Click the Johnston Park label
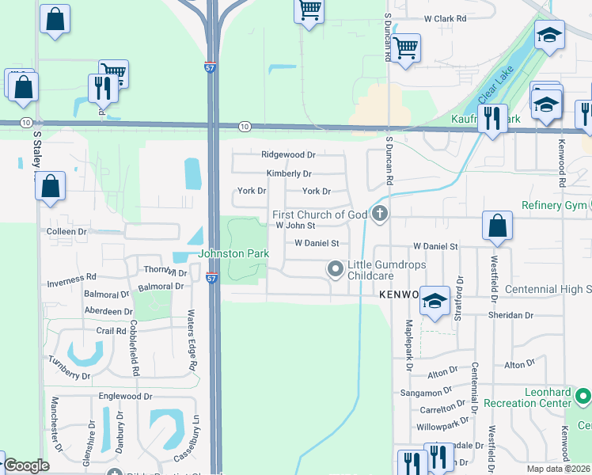pyautogui.click(x=233, y=254)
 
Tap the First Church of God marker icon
pyautogui.click(x=380, y=214)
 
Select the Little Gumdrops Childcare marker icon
pyautogui.click(x=335, y=270)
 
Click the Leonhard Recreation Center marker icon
pyautogui.click(x=583, y=396)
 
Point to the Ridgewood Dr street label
pyautogui.click(x=288, y=155)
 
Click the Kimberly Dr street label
pyautogui.click(x=289, y=173)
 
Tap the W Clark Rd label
pyautogui.click(x=446, y=18)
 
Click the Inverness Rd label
pyautogui.click(x=71, y=279)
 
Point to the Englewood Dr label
pyautogui.click(x=125, y=396)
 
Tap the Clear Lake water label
pyautogui.click(x=497, y=87)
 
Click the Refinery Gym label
pyautogui.click(x=555, y=206)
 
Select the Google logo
pyautogui.click(x=26, y=465)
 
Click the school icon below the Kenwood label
pyautogui.click(x=435, y=302)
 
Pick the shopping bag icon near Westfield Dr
pyautogui.click(x=497, y=226)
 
